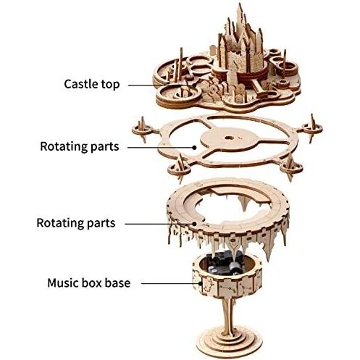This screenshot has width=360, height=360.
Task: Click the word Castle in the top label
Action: click(x=81, y=84)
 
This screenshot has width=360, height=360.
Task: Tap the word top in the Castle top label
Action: click(x=110, y=85)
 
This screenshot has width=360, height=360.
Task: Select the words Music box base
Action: click(x=89, y=282)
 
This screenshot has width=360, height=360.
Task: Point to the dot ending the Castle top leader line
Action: click(x=194, y=85)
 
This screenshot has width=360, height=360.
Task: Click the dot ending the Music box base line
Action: click(x=201, y=283)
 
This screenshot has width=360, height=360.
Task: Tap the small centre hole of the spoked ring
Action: click(x=228, y=138)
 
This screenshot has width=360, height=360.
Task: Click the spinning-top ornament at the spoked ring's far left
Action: click(x=143, y=129)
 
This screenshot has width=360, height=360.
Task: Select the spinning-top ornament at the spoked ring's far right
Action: click(x=312, y=128)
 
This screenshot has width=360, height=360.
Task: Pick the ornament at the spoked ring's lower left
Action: click(x=179, y=169)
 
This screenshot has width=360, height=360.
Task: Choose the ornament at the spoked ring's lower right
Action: click(x=291, y=167)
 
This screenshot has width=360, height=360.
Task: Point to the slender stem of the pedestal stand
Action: click(x=228, y=311)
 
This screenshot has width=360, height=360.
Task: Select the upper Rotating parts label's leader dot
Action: click(x=194, y=147)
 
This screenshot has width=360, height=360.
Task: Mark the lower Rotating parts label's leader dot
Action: click(x=194, y=224)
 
